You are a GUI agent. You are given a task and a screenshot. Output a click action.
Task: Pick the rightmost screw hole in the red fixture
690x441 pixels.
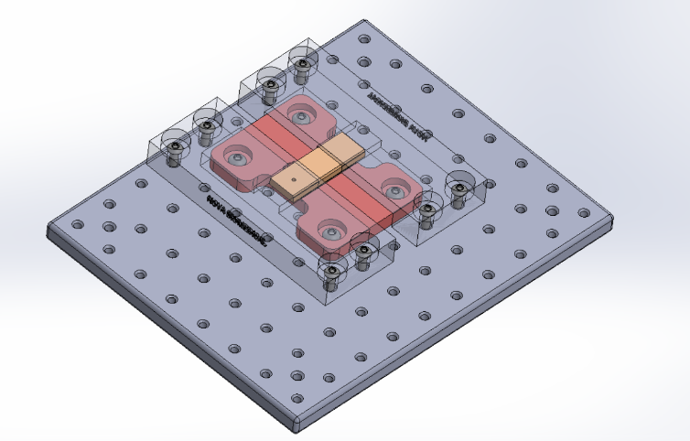(x=395, y=190)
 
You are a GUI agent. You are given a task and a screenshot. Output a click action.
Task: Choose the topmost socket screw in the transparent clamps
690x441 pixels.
(x=300, y=64)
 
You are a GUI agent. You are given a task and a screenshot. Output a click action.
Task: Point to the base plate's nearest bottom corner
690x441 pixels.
(x=299, y=426)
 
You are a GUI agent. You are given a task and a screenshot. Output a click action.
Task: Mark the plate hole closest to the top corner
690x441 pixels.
(x=364, y=40)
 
